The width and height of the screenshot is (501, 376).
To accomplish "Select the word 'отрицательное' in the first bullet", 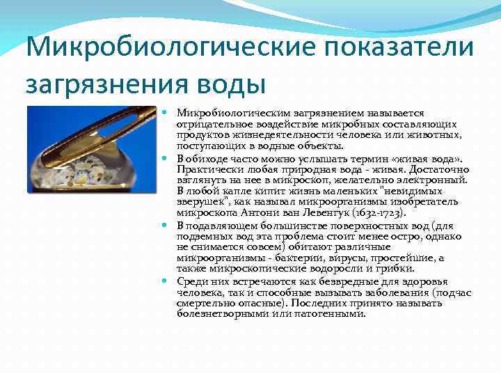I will [208, 124].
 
